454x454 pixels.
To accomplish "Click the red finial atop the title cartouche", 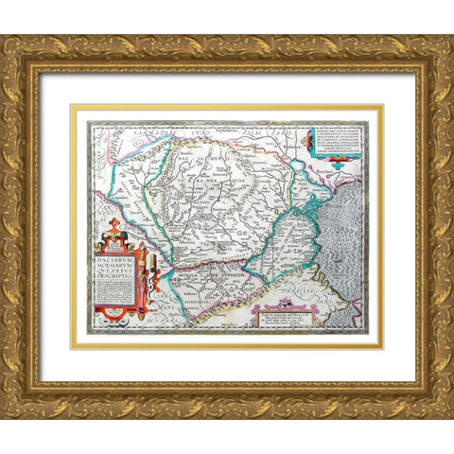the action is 114,224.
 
